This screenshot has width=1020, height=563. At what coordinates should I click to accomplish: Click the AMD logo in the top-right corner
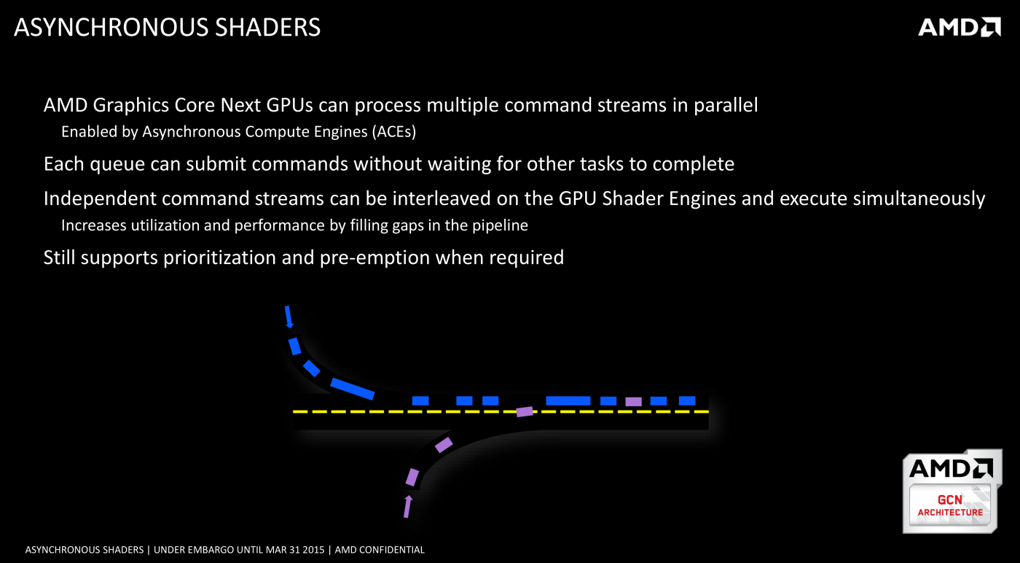pos(959,27)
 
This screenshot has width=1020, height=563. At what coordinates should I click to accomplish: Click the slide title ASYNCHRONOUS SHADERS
pos(167,28)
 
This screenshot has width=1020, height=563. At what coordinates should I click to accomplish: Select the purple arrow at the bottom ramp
pos(408,505)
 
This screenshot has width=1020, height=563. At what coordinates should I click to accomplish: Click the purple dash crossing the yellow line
pos(525,411)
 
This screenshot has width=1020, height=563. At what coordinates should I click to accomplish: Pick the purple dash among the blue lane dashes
pos(633,401)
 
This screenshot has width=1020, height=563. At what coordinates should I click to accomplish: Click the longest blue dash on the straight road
pos(568,400)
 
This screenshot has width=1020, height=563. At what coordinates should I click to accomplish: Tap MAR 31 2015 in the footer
pos(294,550)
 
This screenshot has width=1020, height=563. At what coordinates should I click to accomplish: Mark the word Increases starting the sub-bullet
pos(94,225)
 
